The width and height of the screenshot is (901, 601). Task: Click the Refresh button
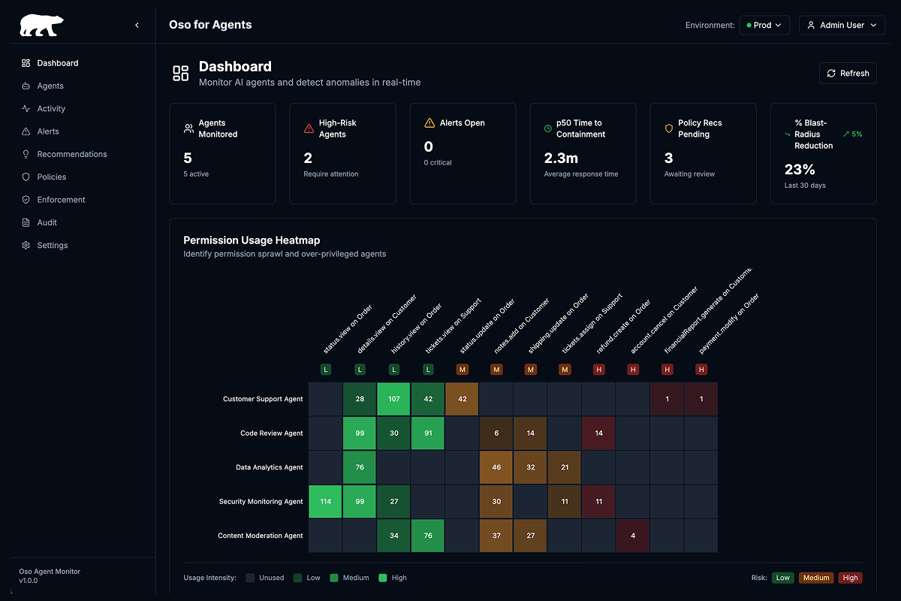click(x=848, y=73)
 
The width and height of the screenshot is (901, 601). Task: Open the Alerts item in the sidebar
click(x=48, y=131)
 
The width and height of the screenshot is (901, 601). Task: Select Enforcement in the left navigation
click(x=61, y=200)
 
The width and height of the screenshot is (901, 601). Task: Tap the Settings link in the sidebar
click(x=52, y=246)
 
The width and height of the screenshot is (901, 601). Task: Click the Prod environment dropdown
click(x=764, y=26)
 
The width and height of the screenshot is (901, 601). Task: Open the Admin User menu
click(x=842, y=26)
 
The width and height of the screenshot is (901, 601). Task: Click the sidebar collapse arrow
click(x=137, y=26)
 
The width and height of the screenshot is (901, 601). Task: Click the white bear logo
click(x=41, y=26)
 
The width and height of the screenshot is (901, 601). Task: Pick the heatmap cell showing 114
click(x=325, y=501)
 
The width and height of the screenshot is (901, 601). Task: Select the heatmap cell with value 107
click(x=393, y=399)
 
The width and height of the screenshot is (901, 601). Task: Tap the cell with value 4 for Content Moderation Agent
click(x=633, y=536)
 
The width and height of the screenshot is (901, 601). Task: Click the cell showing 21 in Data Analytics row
click(x=565, y=467)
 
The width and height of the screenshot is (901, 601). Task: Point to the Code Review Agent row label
click(x=271, y=433)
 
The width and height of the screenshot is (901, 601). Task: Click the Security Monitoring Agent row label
click(x=261, y=502)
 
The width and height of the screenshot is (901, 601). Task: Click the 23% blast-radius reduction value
click(x=800, y=169)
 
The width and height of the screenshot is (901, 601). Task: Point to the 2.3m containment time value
click(x=561, y=158)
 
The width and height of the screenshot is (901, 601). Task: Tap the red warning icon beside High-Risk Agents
click(x=309, y=128)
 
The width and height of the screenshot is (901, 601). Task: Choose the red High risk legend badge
click(x=850, y=578)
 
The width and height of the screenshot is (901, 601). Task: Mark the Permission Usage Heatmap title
click(x=252, y=240)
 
